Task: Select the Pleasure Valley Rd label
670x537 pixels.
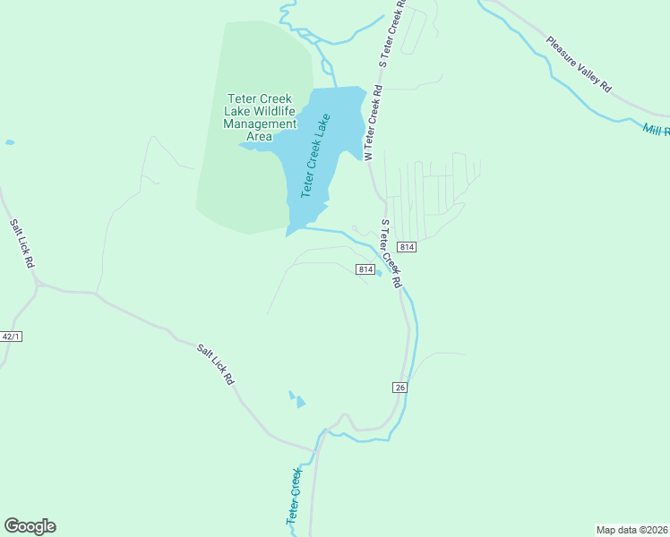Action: click(579, 64)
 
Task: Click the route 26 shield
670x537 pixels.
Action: click(399, 387)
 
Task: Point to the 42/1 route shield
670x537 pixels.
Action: click(11, 337)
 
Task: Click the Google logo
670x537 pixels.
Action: click(30, 526)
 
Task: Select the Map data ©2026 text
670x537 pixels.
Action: click(632, 529)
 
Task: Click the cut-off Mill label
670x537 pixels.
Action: click(656, 131)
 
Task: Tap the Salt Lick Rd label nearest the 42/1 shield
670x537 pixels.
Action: click(21, 244)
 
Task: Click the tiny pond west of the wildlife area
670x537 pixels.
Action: click(10, 142)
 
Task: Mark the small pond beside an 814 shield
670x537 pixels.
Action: click(379, 274)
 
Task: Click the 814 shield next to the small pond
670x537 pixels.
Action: click(365, 269)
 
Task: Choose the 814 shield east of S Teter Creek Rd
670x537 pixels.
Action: click(407, 247)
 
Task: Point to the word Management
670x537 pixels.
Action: click(260, 124)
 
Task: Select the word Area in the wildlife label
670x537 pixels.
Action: click(259, 137)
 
